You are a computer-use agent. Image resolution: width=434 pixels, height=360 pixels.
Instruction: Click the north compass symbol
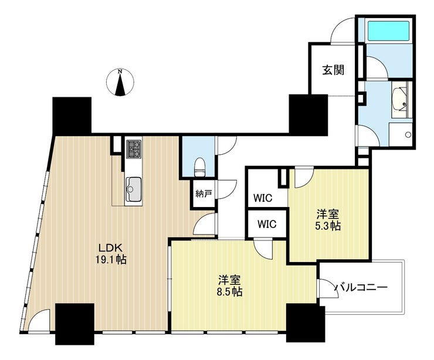[x=120, y=82]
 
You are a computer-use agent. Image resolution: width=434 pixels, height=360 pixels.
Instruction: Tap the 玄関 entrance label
[x=333, y=70]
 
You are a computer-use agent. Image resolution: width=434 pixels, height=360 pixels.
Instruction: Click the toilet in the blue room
[x=200, y=167]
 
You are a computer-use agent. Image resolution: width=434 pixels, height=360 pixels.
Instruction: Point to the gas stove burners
[x=134, y=149]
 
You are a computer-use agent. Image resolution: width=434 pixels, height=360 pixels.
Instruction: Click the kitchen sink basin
[x=134, y=189]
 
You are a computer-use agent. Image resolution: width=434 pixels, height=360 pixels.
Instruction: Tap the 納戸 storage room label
[x=204, y=193]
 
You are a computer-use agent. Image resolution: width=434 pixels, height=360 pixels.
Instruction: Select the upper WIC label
[x=263, y=198]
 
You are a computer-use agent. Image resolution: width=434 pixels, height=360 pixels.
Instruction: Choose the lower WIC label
[x=267, y=224]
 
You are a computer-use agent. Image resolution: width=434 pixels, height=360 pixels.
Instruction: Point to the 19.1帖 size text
[x=111, y=260]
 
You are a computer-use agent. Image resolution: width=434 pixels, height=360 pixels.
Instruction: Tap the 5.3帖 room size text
[x=328, y=226]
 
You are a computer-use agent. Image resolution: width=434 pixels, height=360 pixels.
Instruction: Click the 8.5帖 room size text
[x=230, y=292]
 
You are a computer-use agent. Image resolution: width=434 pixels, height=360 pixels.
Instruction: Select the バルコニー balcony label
[x=361, y=288]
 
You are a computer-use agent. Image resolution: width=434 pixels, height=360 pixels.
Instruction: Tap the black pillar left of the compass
[x=72, y=116]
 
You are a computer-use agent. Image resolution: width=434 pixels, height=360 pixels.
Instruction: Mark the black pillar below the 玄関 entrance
[x=308, y=115]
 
